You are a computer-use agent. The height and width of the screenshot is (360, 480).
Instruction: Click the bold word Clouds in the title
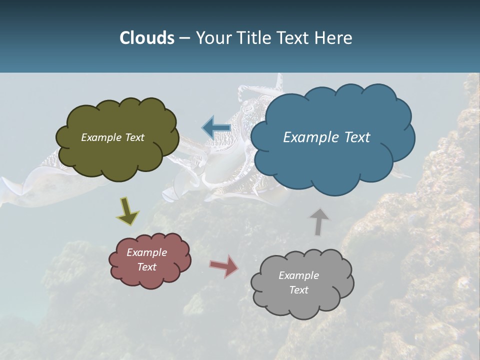click(x=146, y=38)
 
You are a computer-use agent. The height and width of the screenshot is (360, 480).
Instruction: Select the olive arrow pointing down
click(x=127, y=210)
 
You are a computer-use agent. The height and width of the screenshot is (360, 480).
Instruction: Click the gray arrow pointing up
click(x=319, y=221)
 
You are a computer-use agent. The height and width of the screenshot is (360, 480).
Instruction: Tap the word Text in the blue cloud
click(x=357, y=137)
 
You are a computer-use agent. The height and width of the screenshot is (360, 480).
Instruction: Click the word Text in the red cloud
click(x=147, y=267)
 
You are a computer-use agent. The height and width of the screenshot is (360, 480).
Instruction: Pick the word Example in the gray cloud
click(x=298, y=275)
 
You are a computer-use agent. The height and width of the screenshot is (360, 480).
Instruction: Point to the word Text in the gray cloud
click(x=298, y=290)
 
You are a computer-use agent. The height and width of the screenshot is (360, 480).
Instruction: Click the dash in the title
click(x=185, y=38)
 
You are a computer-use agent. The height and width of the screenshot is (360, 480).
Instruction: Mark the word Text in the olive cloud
click(x=134, y=137)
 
